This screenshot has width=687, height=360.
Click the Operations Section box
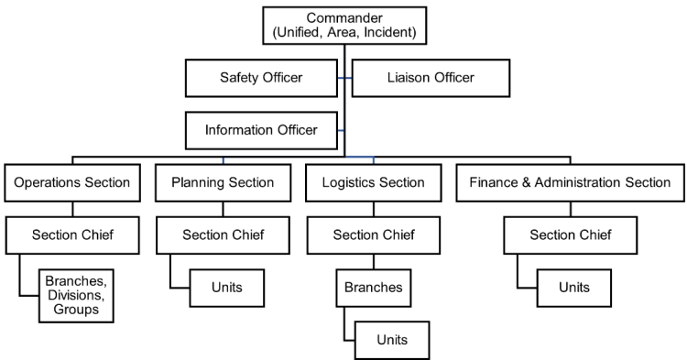click(x=72, y=182)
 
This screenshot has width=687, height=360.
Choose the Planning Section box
click(x=223, y=182)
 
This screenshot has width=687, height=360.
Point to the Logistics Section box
click(x=374, y=182)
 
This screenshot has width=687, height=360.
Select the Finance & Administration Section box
click(x=571, y=182)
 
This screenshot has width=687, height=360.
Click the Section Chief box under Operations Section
click(x=72, y=235)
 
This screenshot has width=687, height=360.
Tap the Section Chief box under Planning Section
click(x=223, y=235)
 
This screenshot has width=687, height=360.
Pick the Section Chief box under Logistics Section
click(x=374, y=235)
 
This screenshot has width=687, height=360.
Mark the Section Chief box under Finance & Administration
click(x=571, y=235)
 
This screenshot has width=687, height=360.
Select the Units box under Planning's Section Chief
click(x=226, y=287)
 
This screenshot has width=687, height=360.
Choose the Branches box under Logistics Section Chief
click(x=374, y=287)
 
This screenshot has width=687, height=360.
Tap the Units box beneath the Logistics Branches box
click(x=392, y=339)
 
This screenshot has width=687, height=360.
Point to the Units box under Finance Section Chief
click(x=574, y=287)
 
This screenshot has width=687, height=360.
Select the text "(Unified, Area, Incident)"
click(x=344, y=33)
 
